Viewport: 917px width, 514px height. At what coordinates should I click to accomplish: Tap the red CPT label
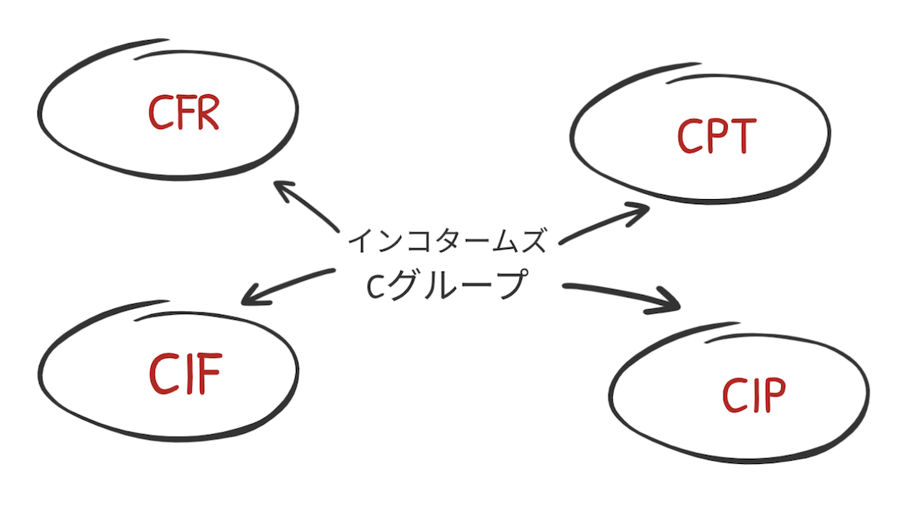click(716, 136)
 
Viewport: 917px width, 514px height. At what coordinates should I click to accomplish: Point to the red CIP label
click(754, 397)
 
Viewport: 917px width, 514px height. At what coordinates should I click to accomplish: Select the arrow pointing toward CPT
click(604, 225)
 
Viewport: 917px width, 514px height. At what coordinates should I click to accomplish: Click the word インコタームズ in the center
click(448, 241)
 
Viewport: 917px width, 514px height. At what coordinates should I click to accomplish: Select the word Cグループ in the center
click(448, 286)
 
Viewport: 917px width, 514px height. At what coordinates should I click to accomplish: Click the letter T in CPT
click(741, 136)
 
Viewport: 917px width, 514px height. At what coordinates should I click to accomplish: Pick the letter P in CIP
click(773, 397)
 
